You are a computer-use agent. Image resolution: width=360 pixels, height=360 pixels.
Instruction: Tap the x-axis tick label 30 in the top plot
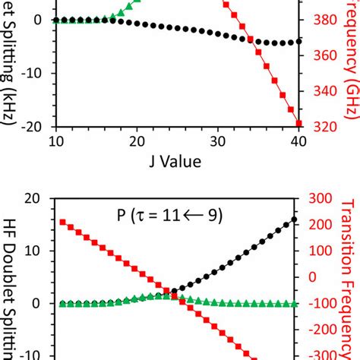coord(218,141)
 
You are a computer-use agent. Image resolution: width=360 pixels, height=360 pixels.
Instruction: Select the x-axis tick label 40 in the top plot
coord(298,141)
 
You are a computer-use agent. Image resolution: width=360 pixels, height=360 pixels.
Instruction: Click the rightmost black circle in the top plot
coord(298,41)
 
